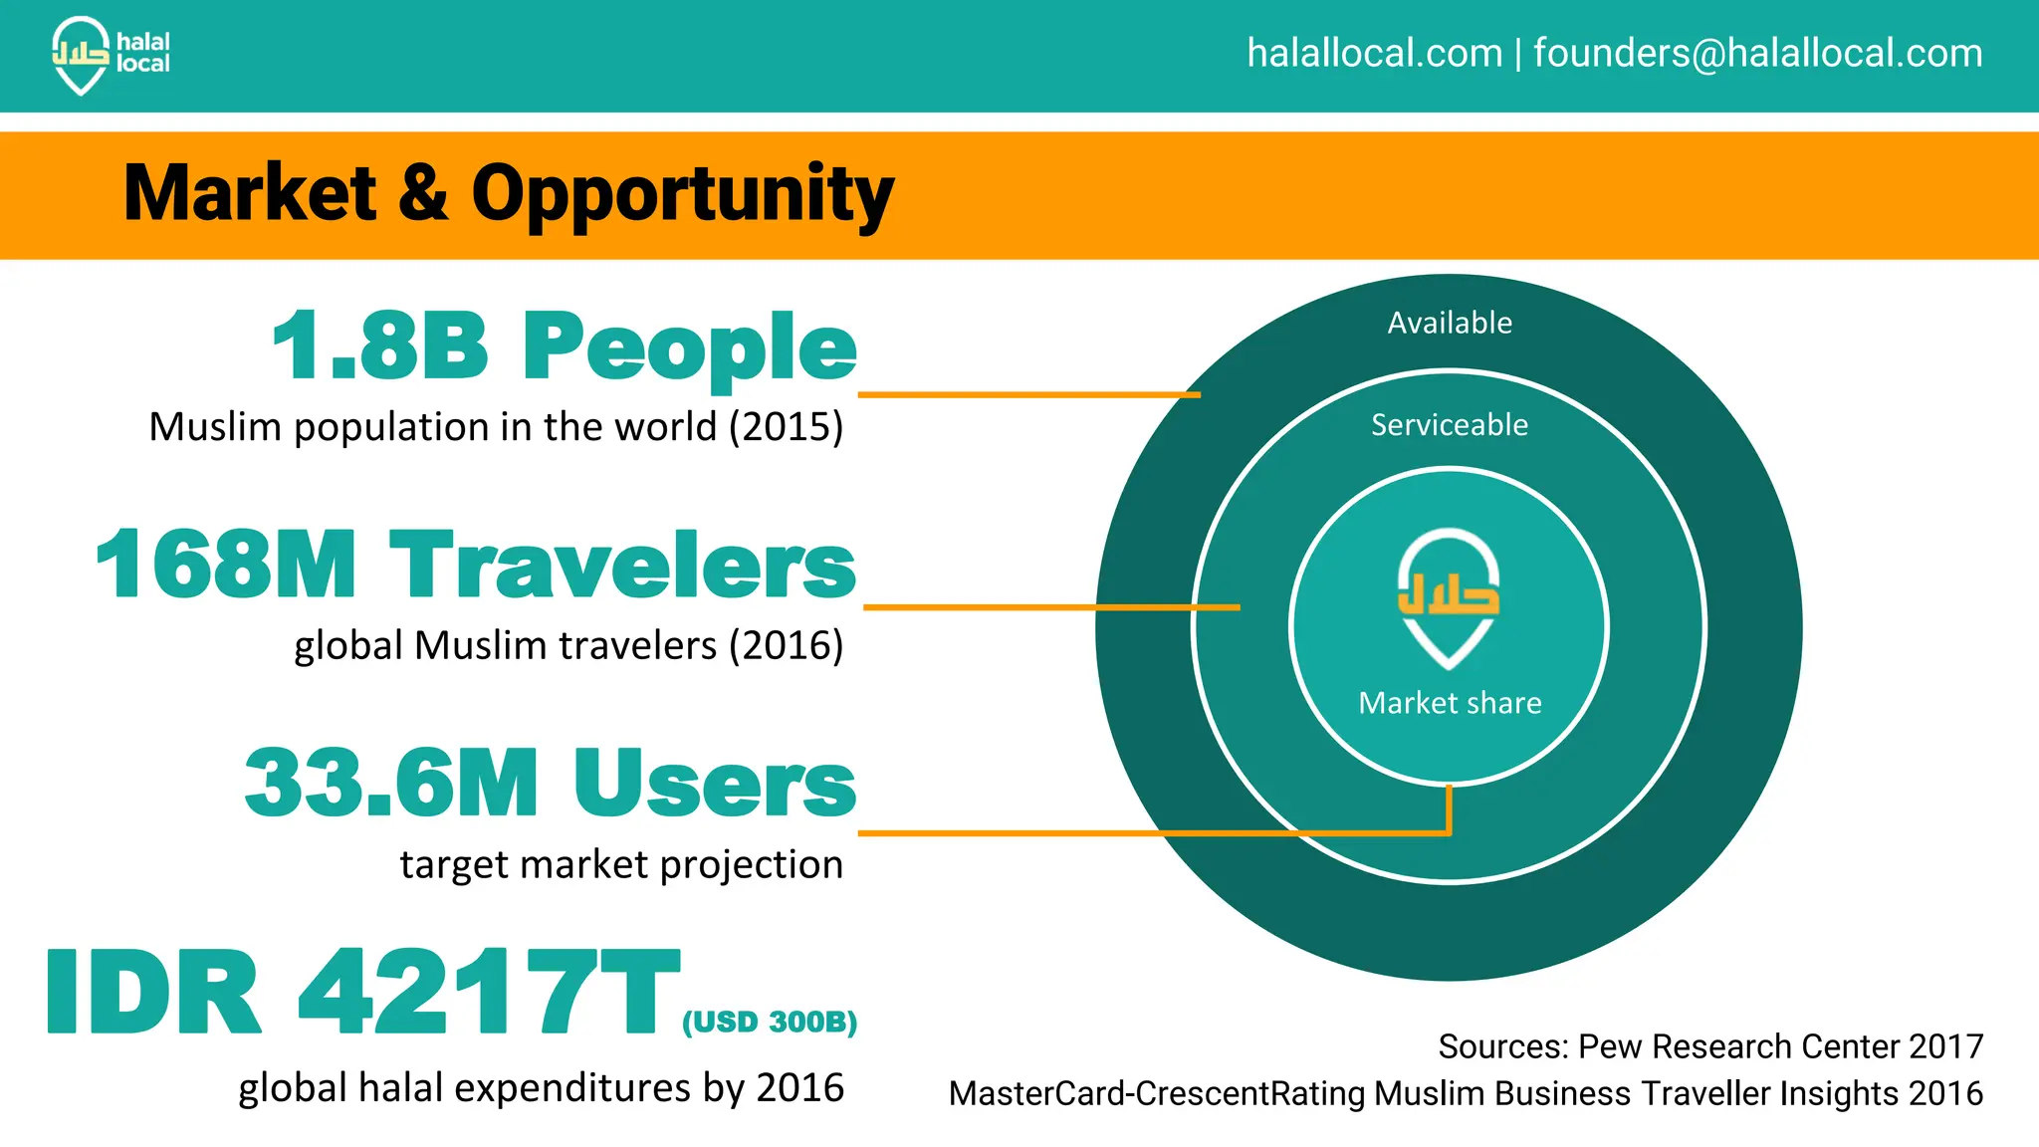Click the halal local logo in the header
point(110,55)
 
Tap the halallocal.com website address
point(1374,53)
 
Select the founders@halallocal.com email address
point(1757,53)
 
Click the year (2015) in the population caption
point(786,427)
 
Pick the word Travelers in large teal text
point(622,565)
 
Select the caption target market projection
point(621,864)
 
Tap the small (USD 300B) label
point(769,1023)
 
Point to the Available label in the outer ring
point(1450,323)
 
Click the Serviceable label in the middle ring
point(1450,425)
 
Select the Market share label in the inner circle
point(1450,703)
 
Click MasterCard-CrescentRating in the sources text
point(1160,1093)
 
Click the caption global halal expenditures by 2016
point(541,1087)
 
